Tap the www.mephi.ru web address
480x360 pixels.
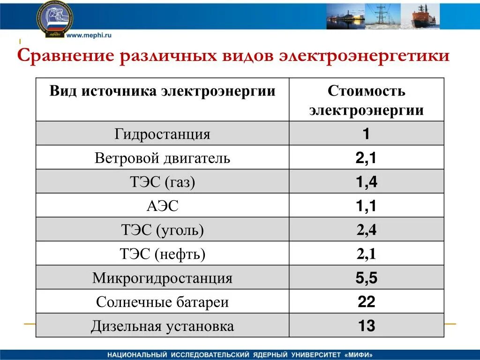pos(89,35)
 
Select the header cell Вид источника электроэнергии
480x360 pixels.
pos(162,91)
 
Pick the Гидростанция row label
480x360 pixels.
pos(162,135)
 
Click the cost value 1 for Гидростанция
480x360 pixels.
pos(366,135)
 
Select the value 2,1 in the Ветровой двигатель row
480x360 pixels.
pos(366,158)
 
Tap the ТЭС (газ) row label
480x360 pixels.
pos(162,182)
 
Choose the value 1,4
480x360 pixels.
pos(366,182)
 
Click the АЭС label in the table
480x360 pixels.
pos(162,206)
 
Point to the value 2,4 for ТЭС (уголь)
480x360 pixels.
pos(366,230)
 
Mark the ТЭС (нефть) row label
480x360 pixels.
pos(162,255)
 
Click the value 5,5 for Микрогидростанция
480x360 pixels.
pos(366,278)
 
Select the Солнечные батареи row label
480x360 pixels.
pos(162,302)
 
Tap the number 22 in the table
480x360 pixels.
pos(366,302)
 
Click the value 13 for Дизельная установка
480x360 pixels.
pos(366,326)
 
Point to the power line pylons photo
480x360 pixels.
pos(382,16)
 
